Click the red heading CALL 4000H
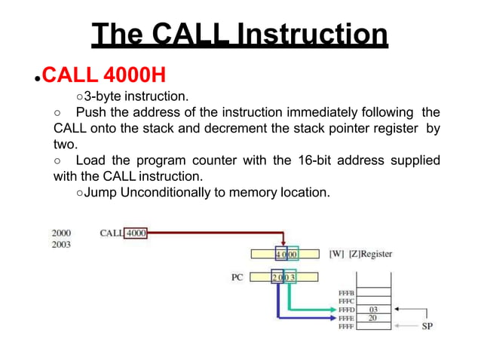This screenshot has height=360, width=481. [103, 76]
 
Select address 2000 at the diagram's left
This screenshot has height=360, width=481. [62, 233]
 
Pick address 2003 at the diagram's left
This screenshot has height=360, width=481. [62, 244]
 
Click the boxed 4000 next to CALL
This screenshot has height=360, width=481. [136, 233]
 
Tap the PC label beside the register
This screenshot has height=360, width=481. [237, 277]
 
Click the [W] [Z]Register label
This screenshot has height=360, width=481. [360, 254]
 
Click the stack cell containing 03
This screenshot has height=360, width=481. [373, 309]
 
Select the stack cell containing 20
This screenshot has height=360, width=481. [373, 317]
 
